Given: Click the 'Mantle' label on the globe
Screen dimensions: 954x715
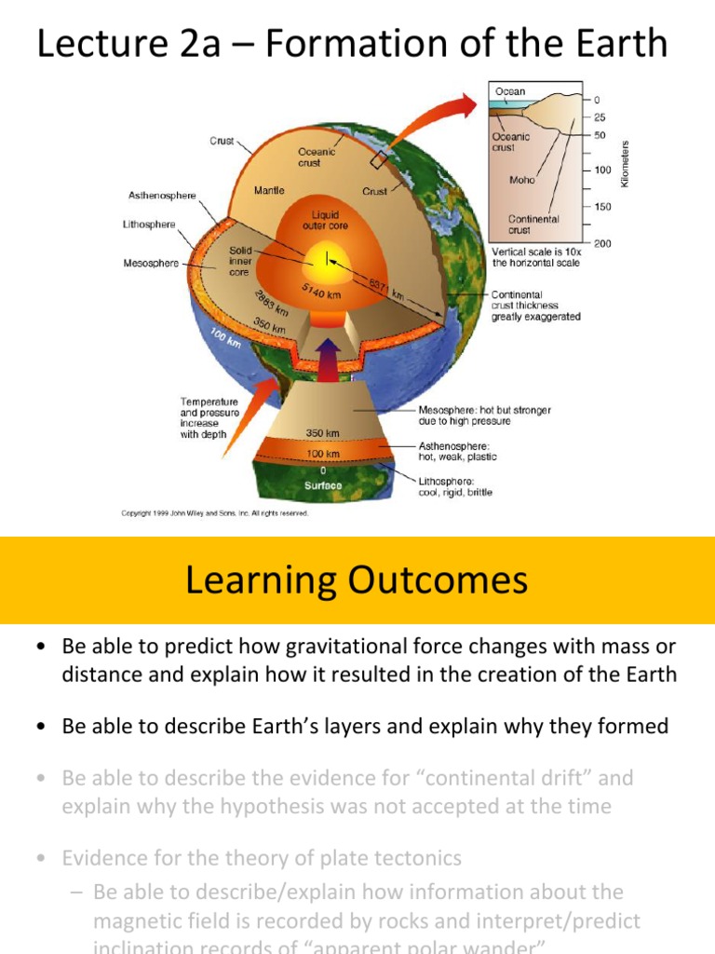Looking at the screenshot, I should point(269,190).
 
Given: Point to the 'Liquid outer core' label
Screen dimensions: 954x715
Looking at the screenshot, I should point(325,220).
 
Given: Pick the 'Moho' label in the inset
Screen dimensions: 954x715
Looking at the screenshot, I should point(521,181).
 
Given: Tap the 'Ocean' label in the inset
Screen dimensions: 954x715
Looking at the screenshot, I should point(509,92).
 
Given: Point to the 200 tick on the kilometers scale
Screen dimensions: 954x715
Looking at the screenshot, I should point(601,243).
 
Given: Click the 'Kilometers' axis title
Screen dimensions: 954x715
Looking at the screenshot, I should point(626,163).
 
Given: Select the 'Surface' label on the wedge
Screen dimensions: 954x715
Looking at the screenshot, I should point(322,485).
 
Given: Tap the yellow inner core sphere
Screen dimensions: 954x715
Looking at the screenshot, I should point(327,257).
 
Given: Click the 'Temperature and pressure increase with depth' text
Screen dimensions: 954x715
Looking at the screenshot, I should point(209,417).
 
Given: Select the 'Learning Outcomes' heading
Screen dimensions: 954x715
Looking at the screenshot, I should point(357,580).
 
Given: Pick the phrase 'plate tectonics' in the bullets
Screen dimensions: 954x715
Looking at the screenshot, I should point(401,857).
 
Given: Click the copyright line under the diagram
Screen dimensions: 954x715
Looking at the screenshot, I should point(215,512).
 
